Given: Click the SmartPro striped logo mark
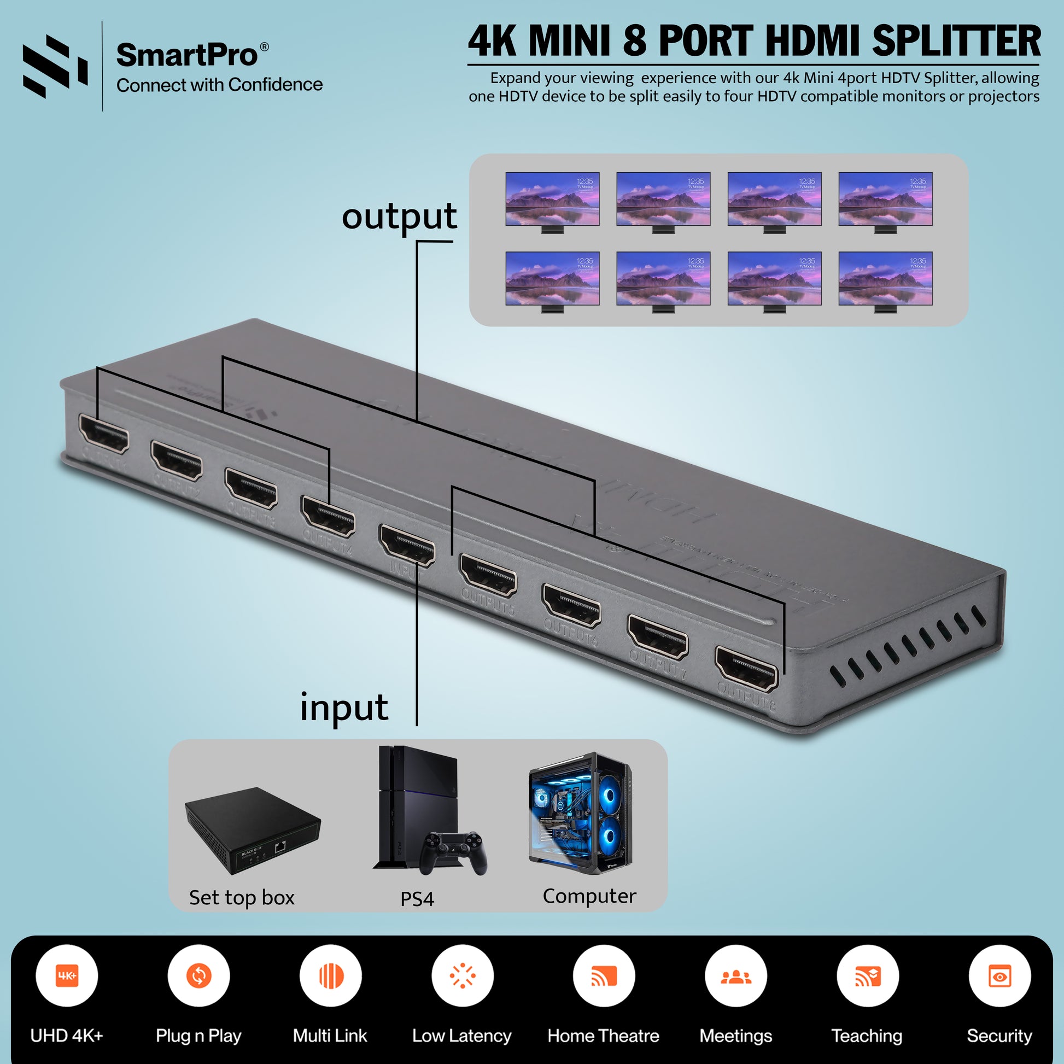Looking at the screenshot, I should [x=55, y=66].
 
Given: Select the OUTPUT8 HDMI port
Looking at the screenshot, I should [x=746, y=669].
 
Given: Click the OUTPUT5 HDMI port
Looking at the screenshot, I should [x=488, y=575].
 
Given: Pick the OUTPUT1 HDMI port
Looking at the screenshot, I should [x=104, y=434].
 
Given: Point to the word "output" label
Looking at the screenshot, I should [x=399, y=217].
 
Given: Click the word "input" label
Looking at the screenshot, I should [x=344, y=707].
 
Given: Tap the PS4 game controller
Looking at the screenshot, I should [x=453, y=852].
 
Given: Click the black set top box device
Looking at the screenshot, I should [x=253, y=831].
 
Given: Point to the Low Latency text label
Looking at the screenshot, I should [x=461, y=1036].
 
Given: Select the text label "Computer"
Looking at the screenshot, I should [x=589, y=896].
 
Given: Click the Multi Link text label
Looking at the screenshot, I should [x=330, y=1036].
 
